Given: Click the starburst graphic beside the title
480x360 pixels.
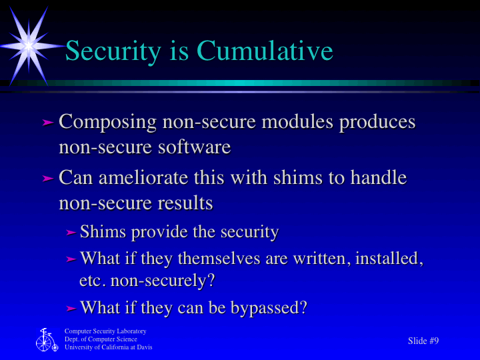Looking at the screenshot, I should coord(28,45).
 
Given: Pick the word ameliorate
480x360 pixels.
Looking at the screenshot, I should coord(142,179).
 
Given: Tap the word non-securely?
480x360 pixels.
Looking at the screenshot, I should coord(163,281).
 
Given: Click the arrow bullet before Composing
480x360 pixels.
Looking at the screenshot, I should coord(47,123).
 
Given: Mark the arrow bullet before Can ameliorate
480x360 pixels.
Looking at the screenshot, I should coord(47,179).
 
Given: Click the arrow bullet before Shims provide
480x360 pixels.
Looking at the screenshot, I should coord(71,233).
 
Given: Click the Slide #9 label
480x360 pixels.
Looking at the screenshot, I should coord(423,341).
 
